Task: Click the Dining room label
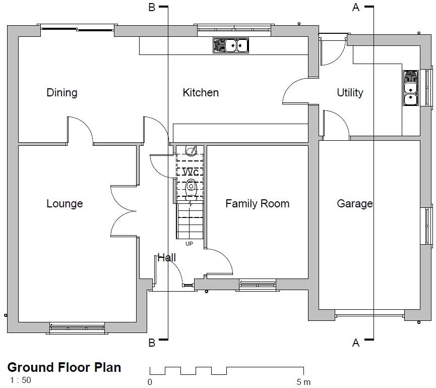tap(62, 92)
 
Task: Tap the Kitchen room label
tap(201, 92)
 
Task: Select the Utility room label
tap(350, 92)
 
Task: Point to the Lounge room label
tap(65, 203)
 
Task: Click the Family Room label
tap(257, 203)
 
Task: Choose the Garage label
tap(355, 203)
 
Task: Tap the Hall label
tap(166, 257)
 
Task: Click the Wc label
tap(190, 172)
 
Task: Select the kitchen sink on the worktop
tap(231, 45)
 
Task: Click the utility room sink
tap(411, 88)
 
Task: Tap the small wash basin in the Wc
tap(191, 150)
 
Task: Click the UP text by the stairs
tap(189, 244)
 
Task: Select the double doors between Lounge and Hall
tap(123, 210)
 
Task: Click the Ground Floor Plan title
tap(64, 367)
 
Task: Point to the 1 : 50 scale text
tap(20, 380)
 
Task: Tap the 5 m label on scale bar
tap(303, 382)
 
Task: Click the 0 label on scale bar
tap(150, 382)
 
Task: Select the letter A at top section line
tap(356, 7)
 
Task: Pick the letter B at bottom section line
tap(151, 343)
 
